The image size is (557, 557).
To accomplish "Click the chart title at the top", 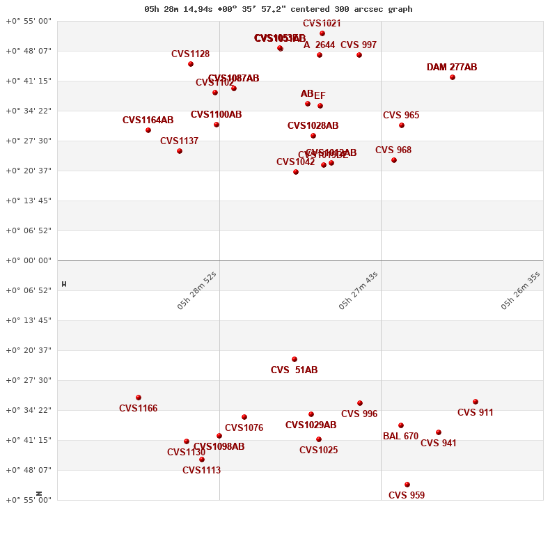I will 278,9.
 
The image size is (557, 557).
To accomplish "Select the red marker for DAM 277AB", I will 453,77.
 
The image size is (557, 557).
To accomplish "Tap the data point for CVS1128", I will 191,64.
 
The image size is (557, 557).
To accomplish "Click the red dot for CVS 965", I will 402,125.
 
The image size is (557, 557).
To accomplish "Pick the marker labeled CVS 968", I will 394,160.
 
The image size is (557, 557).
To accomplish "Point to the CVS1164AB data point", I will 148,130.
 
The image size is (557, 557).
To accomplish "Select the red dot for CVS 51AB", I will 295,359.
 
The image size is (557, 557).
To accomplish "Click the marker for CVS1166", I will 139,398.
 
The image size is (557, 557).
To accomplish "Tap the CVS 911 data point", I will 476,402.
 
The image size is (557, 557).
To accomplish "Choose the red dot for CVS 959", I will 407,485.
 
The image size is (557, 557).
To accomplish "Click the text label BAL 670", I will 400,437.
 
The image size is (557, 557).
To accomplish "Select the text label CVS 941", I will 439,444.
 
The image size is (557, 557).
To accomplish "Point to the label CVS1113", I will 201,471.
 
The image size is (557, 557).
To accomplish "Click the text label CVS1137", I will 179,141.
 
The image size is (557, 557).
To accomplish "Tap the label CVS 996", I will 359,414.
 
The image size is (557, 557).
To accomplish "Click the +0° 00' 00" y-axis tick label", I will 29,260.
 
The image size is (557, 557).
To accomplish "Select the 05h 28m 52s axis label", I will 196,290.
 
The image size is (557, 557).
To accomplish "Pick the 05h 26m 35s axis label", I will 520,290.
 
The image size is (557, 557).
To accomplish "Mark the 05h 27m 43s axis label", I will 358,290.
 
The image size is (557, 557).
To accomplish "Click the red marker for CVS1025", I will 319,439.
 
